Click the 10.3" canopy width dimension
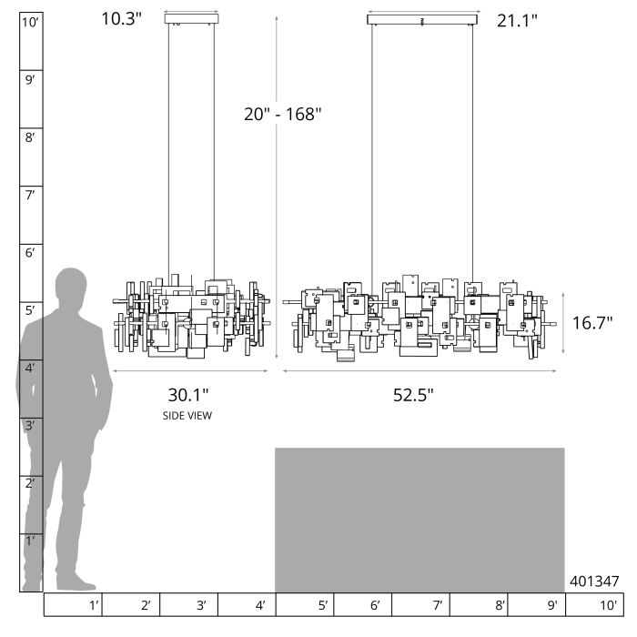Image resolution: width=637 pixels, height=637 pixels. coord(121,19)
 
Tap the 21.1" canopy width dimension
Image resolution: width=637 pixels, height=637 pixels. coord(517,20)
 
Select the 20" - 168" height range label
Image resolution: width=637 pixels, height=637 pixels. coord(283,114)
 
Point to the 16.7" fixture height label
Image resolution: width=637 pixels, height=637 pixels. coord(592,323)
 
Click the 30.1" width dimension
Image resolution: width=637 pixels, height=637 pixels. coord(188,395)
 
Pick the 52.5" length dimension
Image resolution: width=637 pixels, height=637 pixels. coord(413,395)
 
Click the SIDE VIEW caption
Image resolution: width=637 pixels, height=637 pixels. coord(187,416)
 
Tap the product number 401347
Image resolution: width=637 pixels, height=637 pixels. coord(594,581)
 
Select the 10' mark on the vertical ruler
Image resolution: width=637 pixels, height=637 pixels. coord(30,22)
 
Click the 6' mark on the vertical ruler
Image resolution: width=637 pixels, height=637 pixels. coord(30,253)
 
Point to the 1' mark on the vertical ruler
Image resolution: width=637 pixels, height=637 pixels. coord(30,541)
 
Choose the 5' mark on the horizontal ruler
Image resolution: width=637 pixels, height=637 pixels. coord(323,605)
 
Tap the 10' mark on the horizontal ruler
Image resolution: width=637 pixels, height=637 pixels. coord(609,605)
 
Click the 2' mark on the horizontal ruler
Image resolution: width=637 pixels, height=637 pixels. coord(146,605)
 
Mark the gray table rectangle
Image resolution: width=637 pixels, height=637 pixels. coord(420,520)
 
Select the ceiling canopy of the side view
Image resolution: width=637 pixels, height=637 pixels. coord(192,19)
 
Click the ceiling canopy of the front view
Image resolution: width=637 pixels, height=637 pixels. coord(422,19)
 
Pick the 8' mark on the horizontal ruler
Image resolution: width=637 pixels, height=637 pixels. coord(500,605)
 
